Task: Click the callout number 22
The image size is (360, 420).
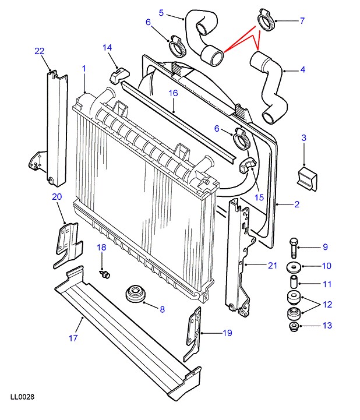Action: (x=40, y=51)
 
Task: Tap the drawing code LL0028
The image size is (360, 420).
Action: (x=23, y=397)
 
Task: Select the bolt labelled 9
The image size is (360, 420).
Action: (x=293, y=248)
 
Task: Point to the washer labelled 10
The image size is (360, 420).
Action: (x=294, y=267)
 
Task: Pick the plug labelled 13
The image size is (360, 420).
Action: (x=294, y=327)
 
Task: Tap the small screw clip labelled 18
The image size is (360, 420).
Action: (x=105, y=274)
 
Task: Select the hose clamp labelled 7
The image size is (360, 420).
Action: (x=266, y=20)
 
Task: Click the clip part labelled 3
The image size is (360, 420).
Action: (x=307, y=178)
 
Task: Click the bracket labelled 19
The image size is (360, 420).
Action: (x=193, y=334)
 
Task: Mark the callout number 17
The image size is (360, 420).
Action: (x=73, y=338)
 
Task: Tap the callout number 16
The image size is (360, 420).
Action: (x=174, y=93)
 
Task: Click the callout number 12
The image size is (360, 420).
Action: (x=327, y=305)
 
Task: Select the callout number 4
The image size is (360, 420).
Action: (x=303, y=70)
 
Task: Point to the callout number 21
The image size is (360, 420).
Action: (x=273, y=266)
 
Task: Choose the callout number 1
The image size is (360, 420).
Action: (x=84, y=69)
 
